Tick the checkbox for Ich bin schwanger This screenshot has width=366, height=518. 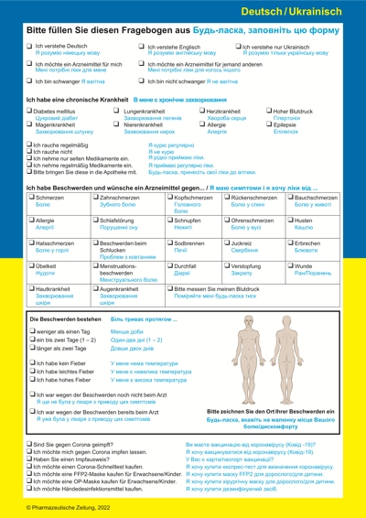coord(30,81)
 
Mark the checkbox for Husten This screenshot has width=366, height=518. coord(291,221)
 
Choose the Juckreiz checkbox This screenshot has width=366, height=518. coord(226,244)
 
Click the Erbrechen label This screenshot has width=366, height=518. coord(310,244)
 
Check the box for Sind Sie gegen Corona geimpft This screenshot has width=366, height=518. coord(30,443)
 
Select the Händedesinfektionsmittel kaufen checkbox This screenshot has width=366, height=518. coord(30,491)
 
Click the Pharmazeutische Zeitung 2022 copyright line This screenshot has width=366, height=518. coord(69,507)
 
